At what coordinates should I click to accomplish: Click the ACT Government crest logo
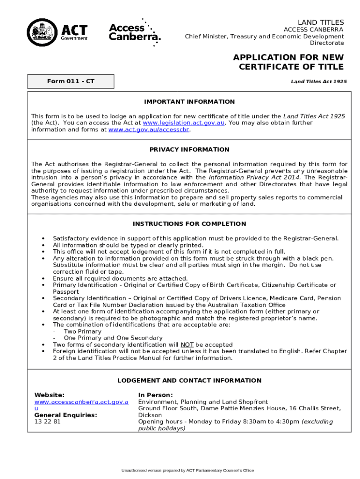(x=43, y=33)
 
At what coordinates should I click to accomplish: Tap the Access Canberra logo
(x=135, y=32)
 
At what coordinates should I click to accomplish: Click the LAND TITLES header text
(x=321, y=22)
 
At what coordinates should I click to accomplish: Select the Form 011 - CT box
(x=71, y=81)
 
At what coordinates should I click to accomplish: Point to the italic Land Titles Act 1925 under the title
(x=318, y=81)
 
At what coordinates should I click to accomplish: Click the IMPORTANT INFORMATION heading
(x=189, y=102)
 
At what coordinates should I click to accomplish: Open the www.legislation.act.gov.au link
(x=184, y=123)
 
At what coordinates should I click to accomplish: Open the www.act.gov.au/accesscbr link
(x=149, y=130)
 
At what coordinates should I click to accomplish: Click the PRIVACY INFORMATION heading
(x=189, y=150)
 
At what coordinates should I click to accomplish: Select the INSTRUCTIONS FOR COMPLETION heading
(x=189, y=224)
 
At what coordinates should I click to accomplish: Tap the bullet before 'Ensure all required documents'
(x=43, y=278)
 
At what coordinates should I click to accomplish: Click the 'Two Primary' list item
(x=82, y=331)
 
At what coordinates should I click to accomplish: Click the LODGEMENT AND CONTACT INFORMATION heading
(x=189, y=381)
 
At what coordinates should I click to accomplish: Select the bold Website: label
(x=50, y=395)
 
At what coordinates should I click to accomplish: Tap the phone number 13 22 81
(x=48, y=421)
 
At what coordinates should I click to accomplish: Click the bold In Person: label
(x=155, y=395)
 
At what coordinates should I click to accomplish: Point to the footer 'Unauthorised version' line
(x=187, y=470)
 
